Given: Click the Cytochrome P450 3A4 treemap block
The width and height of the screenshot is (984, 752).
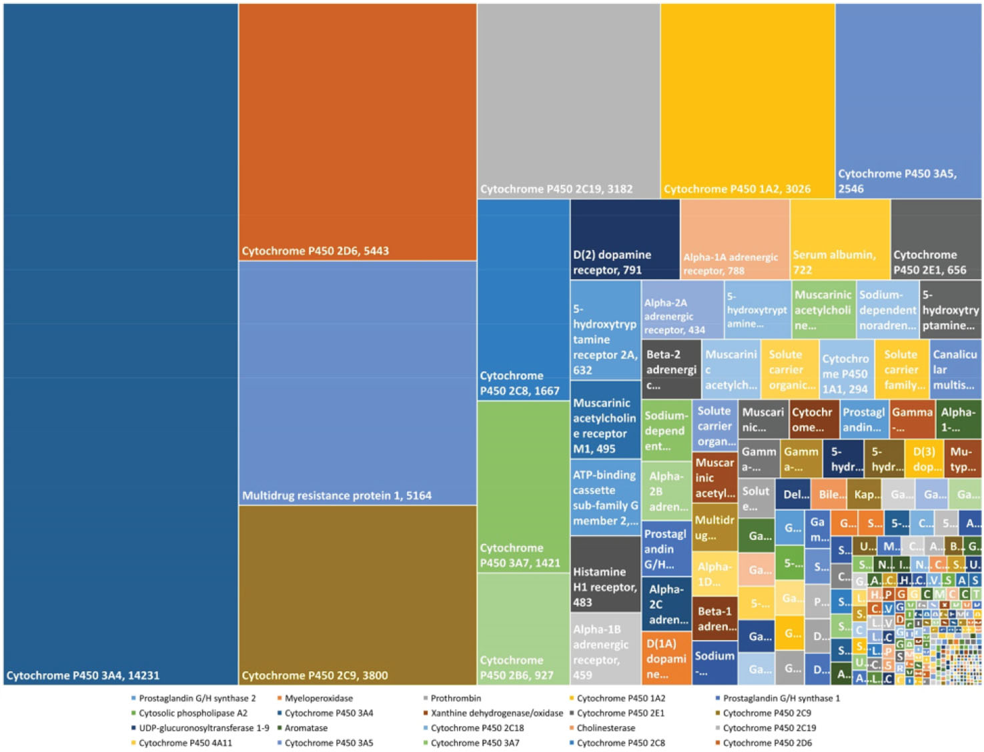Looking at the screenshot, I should pos(121,343).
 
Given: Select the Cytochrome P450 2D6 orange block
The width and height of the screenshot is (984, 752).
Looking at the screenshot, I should pos(358,132).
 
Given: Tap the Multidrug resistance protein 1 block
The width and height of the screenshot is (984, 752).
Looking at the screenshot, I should pos(358,383).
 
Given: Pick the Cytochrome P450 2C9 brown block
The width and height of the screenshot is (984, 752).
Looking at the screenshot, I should pos(358,595).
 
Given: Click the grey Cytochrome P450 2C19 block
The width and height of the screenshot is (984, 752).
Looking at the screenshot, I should pos(568,100).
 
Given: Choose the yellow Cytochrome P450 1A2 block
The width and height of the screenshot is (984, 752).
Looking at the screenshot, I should pos(747,100).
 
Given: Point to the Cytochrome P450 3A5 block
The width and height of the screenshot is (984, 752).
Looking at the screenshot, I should pos(908,100).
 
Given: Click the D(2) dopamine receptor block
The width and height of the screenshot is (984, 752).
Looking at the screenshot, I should pos(624,239).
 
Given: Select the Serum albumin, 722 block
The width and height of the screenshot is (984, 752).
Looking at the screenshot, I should pos(839,239).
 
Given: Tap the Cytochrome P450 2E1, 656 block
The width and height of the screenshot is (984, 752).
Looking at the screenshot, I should pos(935,239).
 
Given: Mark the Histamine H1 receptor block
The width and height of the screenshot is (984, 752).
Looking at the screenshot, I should pos(605,574).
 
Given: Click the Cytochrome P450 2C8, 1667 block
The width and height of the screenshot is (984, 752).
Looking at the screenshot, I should pos(523,300).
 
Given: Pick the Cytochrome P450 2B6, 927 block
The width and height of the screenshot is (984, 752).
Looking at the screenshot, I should pos(523,628).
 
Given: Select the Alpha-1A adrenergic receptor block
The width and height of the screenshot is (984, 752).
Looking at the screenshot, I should pos(734,239).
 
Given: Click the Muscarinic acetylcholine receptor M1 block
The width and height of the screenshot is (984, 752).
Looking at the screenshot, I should pos(605,419).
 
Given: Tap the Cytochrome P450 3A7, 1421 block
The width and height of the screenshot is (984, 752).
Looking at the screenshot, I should pos(523,487).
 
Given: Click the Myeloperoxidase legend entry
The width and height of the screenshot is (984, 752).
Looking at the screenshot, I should pos(318,698).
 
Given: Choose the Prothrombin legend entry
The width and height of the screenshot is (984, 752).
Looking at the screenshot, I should pos(455,698).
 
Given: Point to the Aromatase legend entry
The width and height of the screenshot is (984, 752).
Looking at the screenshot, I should pos(306,728).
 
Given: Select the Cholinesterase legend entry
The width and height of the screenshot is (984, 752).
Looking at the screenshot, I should pos(605,728).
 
